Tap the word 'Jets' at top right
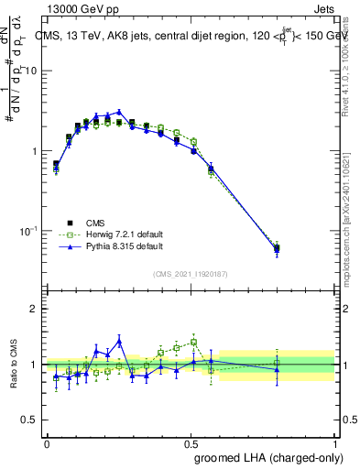click(x=322, y=8)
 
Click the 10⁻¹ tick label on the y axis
click(x=29, y=230)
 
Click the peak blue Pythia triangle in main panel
click(x=118, y=112)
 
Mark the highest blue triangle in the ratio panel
click(x=118, y=341)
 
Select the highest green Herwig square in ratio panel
click(x=193, y=342)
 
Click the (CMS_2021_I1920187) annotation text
click(x=191, y=273)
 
